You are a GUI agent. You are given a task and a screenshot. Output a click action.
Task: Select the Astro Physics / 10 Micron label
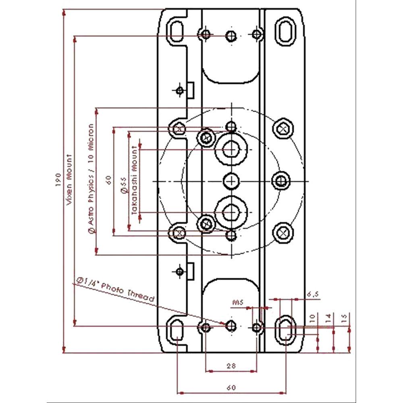pos(91,177)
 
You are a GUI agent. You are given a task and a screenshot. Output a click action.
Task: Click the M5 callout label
pos(238,301)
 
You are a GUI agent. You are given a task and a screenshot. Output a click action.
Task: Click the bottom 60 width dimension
pos(231,387)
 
